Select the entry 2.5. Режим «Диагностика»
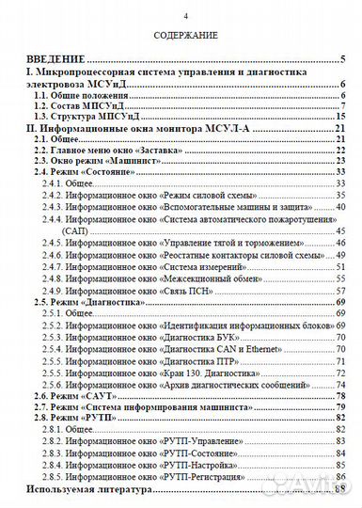[x=98, y=302]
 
